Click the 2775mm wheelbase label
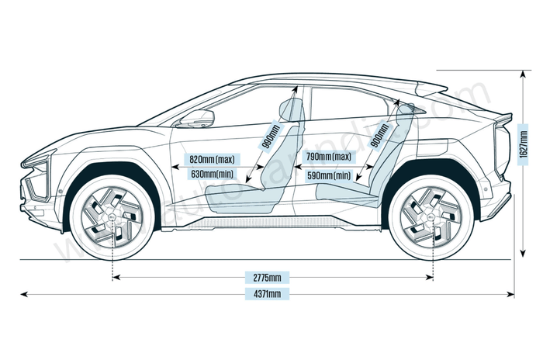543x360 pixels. (267, 277)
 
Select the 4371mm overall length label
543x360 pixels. (267, 293)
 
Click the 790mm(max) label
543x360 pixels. (328, 157)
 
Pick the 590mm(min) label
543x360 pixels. (328, 176)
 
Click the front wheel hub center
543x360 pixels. (113, 217)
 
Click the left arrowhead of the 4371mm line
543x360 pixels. (23, 294)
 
